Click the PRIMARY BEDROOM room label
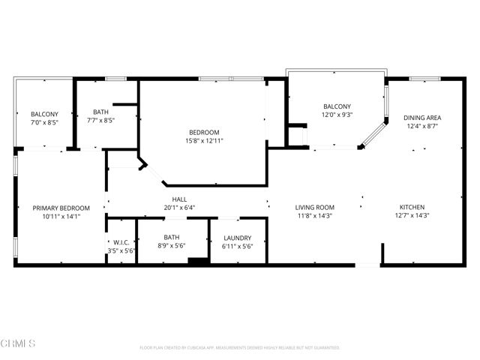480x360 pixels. point(61,208)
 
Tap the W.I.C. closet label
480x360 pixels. point(120,241)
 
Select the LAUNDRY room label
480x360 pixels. point(238,238)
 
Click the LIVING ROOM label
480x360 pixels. point(314,207)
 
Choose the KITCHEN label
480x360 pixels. point(412,207)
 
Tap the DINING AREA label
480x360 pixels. point(422,118)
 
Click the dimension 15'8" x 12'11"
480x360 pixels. point(205,140)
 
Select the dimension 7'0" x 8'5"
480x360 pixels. point(44,122)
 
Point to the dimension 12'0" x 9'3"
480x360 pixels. point(337,115)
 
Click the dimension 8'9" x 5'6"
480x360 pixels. point(172,246)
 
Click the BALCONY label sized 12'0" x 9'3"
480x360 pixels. point(337,106)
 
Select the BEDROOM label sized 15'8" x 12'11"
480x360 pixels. point(205,132)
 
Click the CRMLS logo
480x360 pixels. point(18,343)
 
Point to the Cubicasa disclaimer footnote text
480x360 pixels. point(240,348)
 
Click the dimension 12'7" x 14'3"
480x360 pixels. point(412,215)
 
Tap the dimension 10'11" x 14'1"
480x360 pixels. point(61,216)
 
